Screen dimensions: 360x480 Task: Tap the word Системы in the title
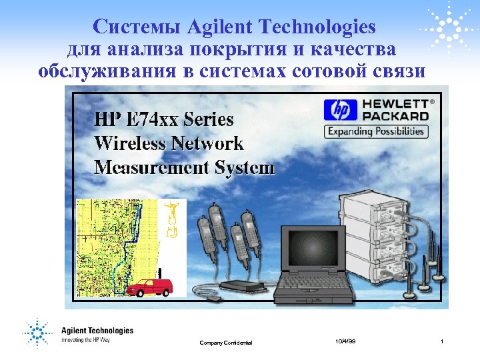click(137, 27)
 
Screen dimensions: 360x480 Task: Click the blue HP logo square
click(340, 110)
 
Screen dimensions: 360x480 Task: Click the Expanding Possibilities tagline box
click(375, 131)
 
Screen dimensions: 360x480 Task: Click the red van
click(150, 287)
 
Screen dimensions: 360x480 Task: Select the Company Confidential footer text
click(226, 343)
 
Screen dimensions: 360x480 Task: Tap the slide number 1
click(442, 341)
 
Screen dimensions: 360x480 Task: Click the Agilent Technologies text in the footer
click(97, 331)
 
